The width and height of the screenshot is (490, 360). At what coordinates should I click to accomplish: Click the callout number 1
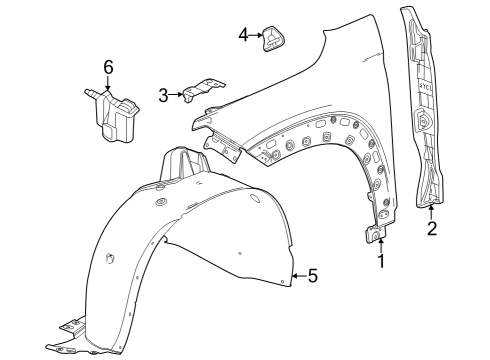380,263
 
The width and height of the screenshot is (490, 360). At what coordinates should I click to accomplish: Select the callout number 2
431,229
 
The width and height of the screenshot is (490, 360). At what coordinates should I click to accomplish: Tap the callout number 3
163,96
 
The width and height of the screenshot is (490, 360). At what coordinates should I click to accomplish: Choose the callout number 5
312,275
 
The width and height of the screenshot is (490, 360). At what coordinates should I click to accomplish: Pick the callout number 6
109,67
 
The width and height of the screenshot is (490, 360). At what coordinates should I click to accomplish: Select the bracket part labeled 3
202,92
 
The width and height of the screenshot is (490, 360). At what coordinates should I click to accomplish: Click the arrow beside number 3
178,96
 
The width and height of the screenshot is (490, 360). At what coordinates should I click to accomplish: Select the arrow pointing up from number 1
380,245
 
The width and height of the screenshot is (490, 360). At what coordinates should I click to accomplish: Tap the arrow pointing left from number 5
297,275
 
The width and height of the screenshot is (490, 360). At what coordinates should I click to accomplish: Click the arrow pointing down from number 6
109,84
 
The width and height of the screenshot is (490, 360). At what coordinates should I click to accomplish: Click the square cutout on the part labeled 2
422,123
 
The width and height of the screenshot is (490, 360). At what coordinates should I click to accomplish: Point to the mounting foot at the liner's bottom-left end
68,329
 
